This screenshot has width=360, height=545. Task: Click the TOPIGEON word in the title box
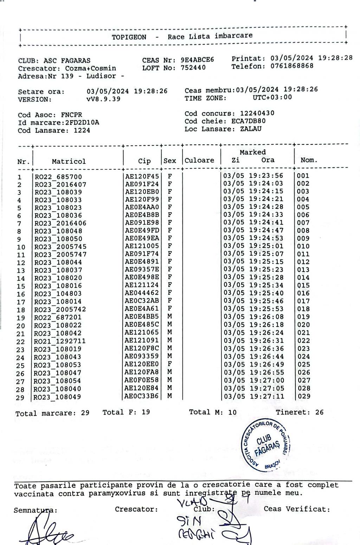click(129, 37)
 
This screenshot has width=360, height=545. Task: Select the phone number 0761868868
click(292, 66)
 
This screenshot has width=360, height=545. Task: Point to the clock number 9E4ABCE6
click(197, 60)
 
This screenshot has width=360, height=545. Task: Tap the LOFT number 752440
click(193, 68)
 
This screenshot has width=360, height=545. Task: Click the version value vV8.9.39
click(103, 99)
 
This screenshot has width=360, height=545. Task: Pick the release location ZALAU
click(251, 129)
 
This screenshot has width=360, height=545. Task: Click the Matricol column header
click(69, 162)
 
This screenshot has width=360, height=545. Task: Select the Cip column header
click(144, 161)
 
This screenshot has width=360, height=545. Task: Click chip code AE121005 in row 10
click(142, 246)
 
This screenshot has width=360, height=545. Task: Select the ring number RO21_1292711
click(60, 341)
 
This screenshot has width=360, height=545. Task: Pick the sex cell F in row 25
click(170, 364)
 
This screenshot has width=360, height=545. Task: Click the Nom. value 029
click(304, 396)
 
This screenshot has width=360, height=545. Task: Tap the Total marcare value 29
click(85, 413)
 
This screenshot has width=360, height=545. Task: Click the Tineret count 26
click(319, 412)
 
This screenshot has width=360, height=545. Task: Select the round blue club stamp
click(266, 445)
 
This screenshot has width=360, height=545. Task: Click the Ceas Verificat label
click(297, 509)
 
